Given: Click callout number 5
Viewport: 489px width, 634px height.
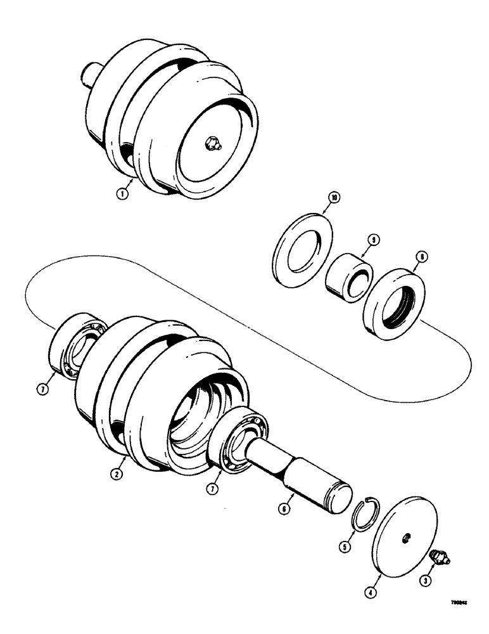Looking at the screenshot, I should click(x=344, y=545).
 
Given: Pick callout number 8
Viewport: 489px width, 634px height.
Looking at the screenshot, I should click(x=421, y=257).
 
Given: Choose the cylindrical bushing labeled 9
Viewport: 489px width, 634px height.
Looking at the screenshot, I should click(x=348, y=276).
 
